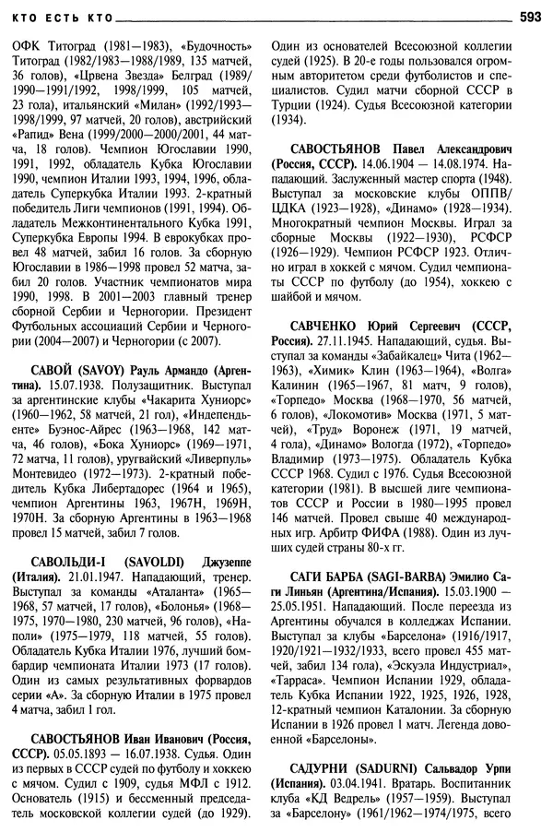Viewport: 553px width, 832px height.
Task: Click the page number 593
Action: click(x=530, y=15)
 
